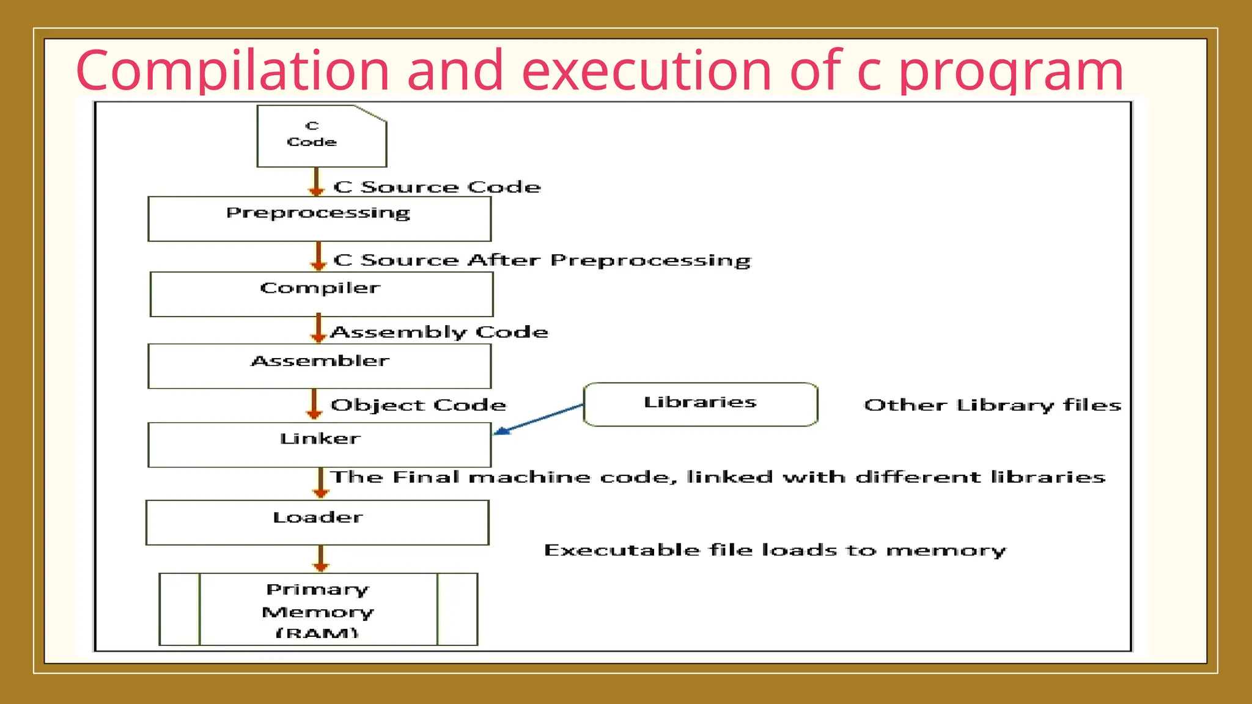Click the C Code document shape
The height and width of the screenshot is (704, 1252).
pyautogui.click(x=322, y=136)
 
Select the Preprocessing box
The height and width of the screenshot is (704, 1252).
pyautogui.click(x=319, y=219)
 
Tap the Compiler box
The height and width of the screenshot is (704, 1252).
pyautogui.click(x=322, y=294)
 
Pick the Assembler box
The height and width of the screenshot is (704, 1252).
pyautogui.click(x=319, y=366)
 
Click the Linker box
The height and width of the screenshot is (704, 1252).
pyautogui.click(x=319, y=444)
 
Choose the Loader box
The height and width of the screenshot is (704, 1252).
pyautogui.click(x=317, y=522)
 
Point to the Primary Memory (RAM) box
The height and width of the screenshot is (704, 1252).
pyautogui.click(x=318, y=609)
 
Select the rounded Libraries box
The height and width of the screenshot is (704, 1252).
pyautogui.click(x=701, y=404)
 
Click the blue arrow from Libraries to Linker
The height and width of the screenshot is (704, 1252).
pyautogui.click(x=538, y=419)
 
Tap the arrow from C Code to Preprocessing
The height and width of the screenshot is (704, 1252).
pyautogui.click(x=316, y=182)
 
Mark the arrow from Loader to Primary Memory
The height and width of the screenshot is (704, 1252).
pyautogui.click(x=320, y=558)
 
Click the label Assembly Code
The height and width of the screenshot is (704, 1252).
pyautogui.click(x=439, y=332)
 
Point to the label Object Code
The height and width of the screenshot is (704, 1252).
pyautogui.click(x=418, y=405)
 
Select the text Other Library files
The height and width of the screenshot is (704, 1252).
pyautogui.click(x=992, y=405)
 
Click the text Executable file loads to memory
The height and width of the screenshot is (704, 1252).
pyautogui.click(x=775, y=551)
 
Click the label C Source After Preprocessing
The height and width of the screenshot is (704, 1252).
pyautogui.click(x=542, y=260)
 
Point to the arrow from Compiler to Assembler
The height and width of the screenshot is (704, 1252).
pyautogui.click(x=318, y=328)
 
